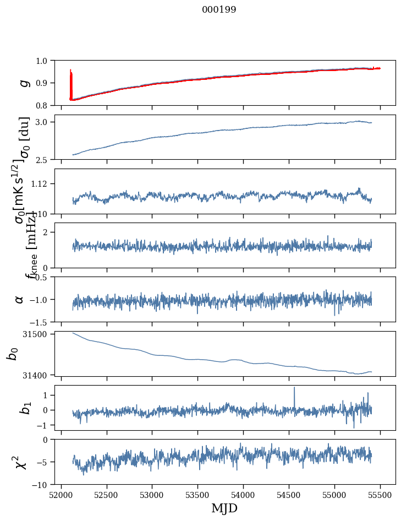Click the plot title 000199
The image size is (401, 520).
tap(219, 9)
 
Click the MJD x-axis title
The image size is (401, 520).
tap(224, 508)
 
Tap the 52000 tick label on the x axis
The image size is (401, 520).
tap(61, 494)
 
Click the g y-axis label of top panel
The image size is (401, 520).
tap(24, 83)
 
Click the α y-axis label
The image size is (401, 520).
tap(19, 299)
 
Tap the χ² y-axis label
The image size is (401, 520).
tap(21, 462)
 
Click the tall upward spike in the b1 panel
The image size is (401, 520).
tap(294, 389)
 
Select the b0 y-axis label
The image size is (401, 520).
tap(12, 354)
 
